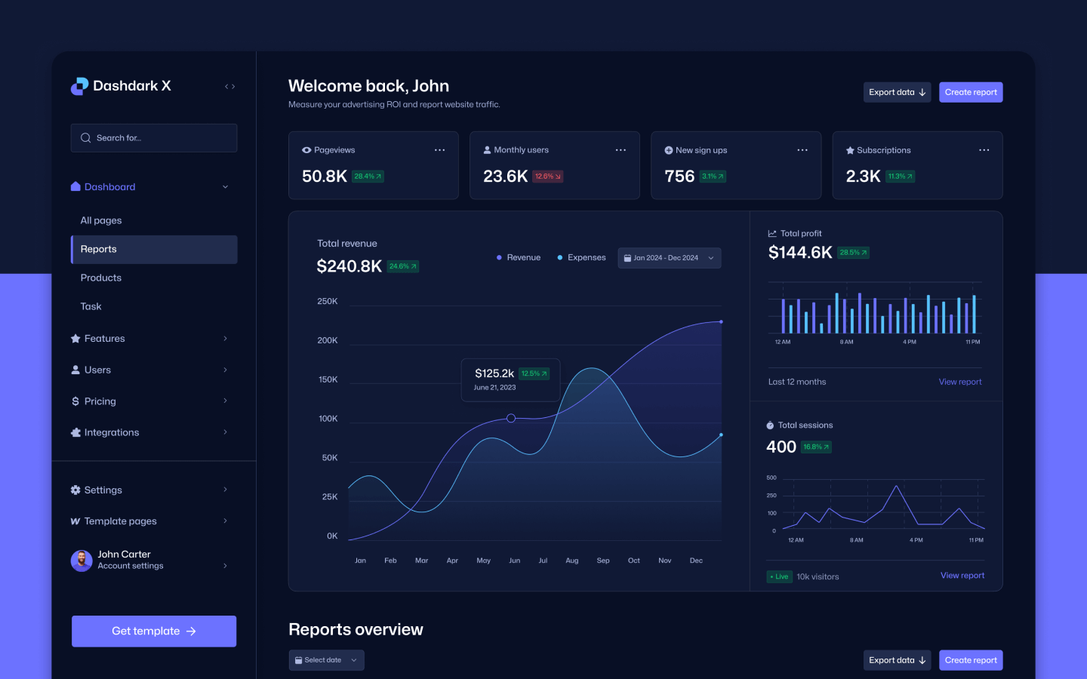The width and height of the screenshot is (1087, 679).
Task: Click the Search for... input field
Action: point(154,138)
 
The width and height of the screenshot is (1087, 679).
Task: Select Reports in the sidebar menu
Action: point(154,250)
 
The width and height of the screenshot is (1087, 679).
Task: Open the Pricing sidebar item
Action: point(100,401)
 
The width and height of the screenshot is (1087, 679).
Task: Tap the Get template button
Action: point(154,631)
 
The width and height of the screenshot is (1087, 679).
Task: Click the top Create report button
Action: point(971,92)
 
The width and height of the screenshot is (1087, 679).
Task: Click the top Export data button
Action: point(897,92)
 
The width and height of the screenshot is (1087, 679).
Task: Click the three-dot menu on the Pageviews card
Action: point(439,150)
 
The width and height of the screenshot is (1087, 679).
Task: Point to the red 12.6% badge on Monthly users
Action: point(548,177)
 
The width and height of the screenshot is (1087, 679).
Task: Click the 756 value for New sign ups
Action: point(679,177)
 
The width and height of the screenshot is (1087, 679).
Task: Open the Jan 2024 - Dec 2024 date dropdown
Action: point(669,258)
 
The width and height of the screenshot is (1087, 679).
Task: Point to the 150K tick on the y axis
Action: point(328,379)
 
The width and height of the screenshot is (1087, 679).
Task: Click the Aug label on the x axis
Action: point(572,561)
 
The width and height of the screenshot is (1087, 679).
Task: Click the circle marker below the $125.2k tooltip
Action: point(511,418)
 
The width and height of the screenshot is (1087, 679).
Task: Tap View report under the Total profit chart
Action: point(960,382)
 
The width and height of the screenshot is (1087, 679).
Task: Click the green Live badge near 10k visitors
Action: point(779,576)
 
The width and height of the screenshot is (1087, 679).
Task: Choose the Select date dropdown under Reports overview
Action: point(326,660)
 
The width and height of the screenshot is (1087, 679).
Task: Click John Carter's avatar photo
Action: point(82,561)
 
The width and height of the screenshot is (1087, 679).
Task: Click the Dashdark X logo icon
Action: point(79,86)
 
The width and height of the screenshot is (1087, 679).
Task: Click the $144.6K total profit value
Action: point(800,253)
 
